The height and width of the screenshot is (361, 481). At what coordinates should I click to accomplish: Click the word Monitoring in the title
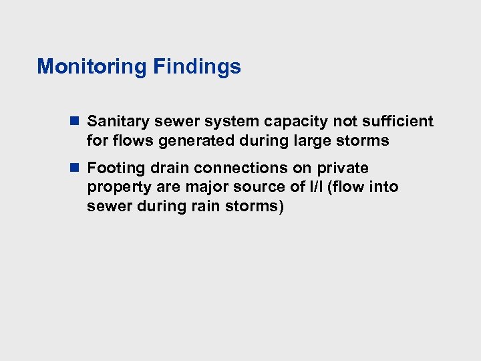pyautogui.click(x=92, y=67)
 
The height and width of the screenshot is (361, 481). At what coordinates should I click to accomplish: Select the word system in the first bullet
pyautogui.click(x=234, y=122)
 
